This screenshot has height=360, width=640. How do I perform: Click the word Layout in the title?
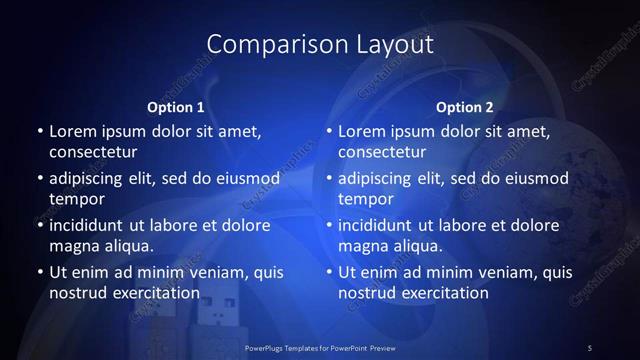[392, 45]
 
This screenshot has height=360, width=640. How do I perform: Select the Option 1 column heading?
[176, 107]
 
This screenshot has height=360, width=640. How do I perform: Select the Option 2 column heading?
[465, 107]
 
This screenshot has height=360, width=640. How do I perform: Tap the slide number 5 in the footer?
[590, 347]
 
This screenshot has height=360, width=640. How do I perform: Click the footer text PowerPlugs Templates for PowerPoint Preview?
[319, 347]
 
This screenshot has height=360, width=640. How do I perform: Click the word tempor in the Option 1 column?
[73, 198]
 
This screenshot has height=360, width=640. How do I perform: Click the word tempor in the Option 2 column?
[363, 198]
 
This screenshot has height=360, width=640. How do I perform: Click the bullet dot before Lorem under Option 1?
[38, 132]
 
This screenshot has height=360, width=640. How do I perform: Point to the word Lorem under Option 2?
[362, 132]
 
